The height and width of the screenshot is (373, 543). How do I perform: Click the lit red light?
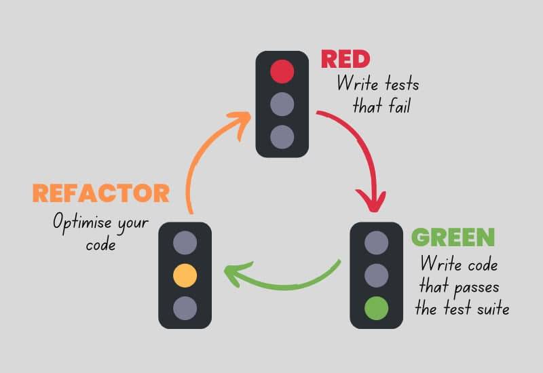(282, 72)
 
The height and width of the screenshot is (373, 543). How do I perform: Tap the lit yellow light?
(185, 275)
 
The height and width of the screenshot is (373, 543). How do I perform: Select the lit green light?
(377, 308)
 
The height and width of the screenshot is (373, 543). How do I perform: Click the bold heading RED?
(345, 59)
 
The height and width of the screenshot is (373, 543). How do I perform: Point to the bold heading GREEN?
(453, 237)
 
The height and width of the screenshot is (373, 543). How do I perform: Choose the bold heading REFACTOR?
(101, 193)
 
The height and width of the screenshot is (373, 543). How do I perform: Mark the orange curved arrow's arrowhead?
(239, 124)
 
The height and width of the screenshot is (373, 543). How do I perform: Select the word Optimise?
(82, 223)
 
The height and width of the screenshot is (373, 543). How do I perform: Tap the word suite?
(493, 309)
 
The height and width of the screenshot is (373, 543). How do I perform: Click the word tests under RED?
(402, 84)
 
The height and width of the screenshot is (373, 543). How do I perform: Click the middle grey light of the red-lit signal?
(282, 104)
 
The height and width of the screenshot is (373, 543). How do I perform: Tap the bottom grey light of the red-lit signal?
(282, 137)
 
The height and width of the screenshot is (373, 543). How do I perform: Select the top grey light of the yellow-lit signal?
(185, 243)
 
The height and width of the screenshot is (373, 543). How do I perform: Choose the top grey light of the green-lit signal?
(377, 243)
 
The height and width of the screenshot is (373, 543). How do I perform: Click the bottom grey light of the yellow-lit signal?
(185, 308)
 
